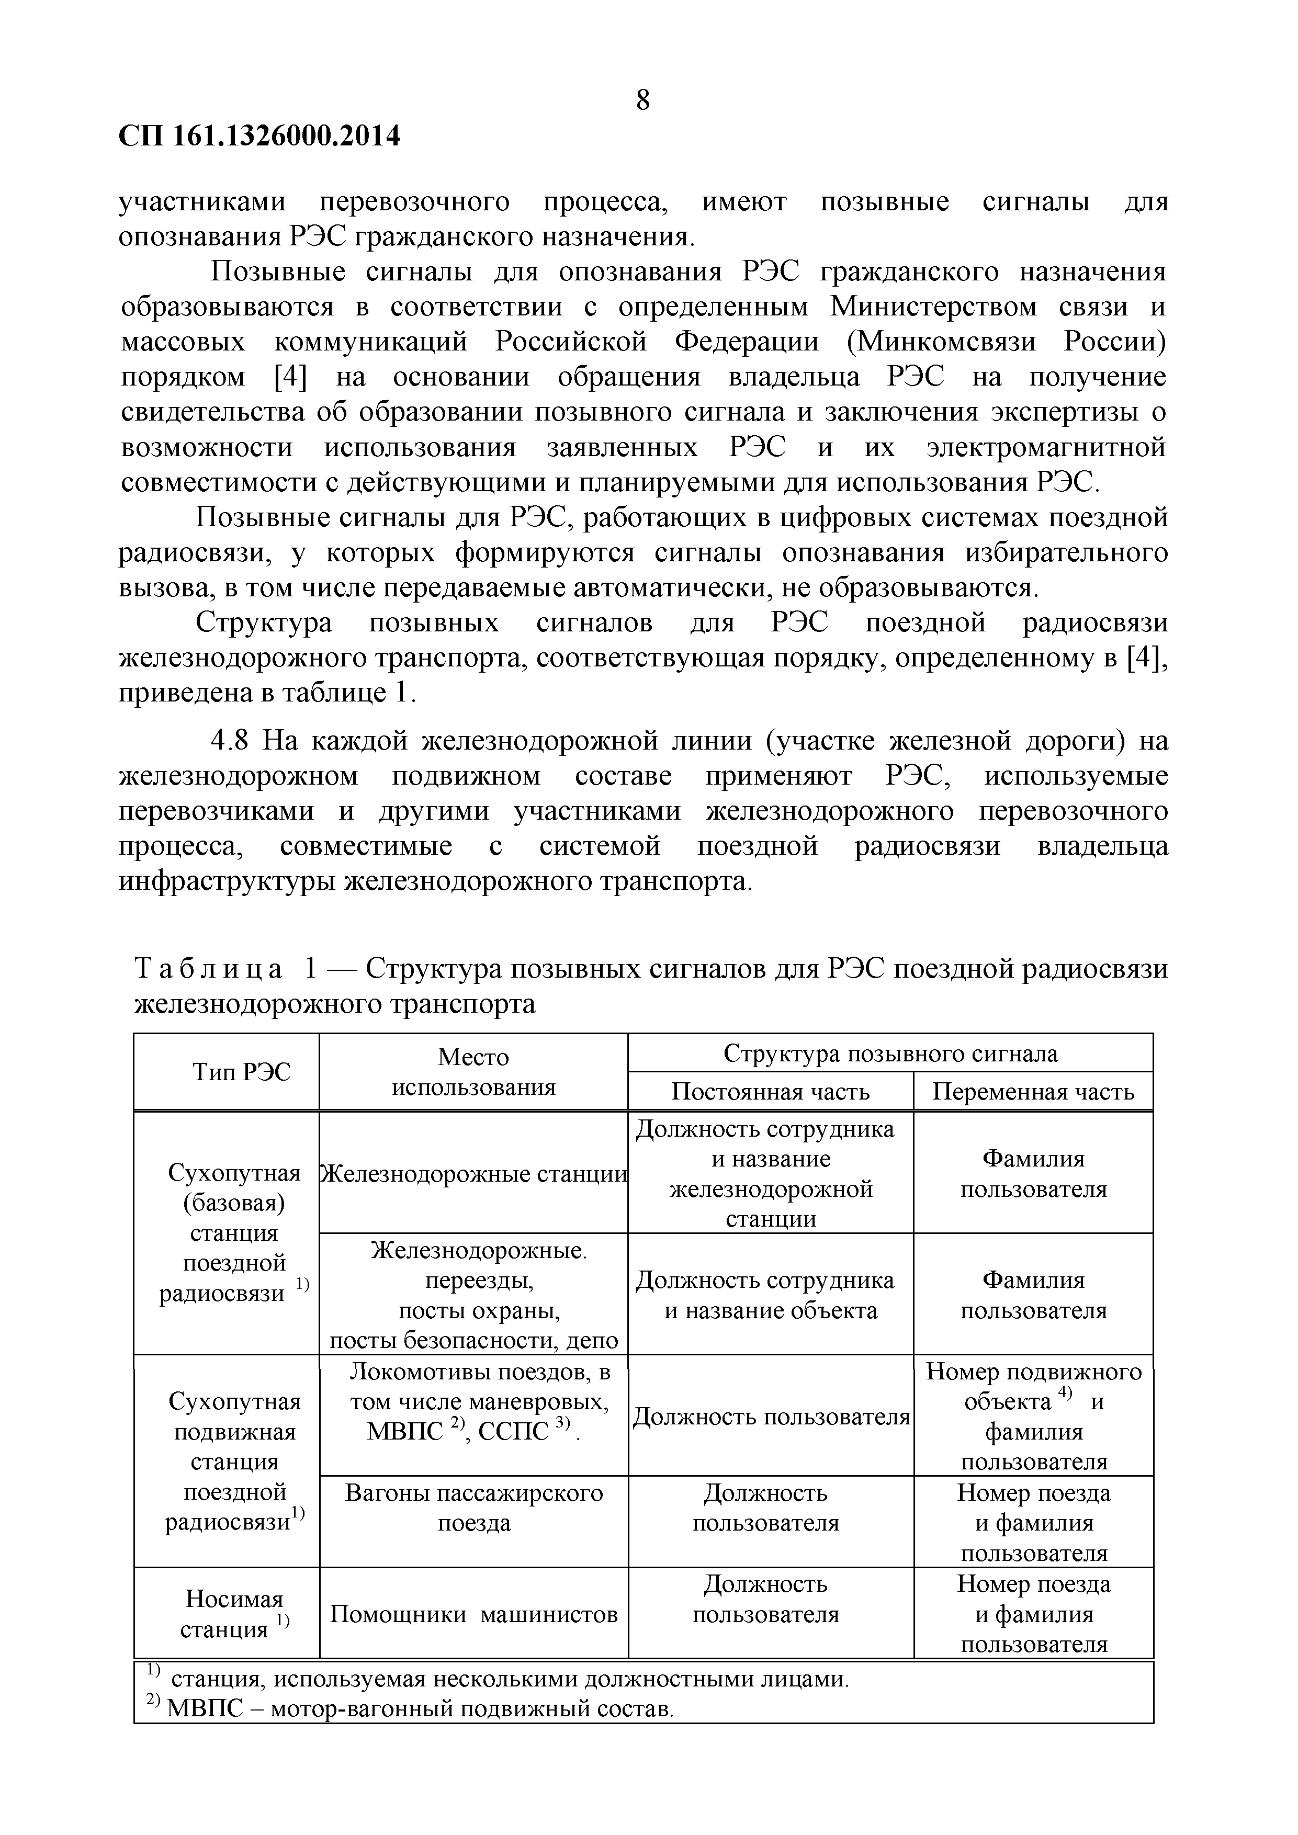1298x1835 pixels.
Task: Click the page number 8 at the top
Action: click(642, 101)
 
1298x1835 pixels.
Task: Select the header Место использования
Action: click(473, 1072)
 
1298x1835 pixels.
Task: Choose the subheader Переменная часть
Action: click(1033, 1092)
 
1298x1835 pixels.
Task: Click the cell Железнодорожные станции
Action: click(473, 1174)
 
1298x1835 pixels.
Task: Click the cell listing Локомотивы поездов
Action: click(473, 1402)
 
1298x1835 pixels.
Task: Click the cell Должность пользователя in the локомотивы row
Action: click(771, 1417)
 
